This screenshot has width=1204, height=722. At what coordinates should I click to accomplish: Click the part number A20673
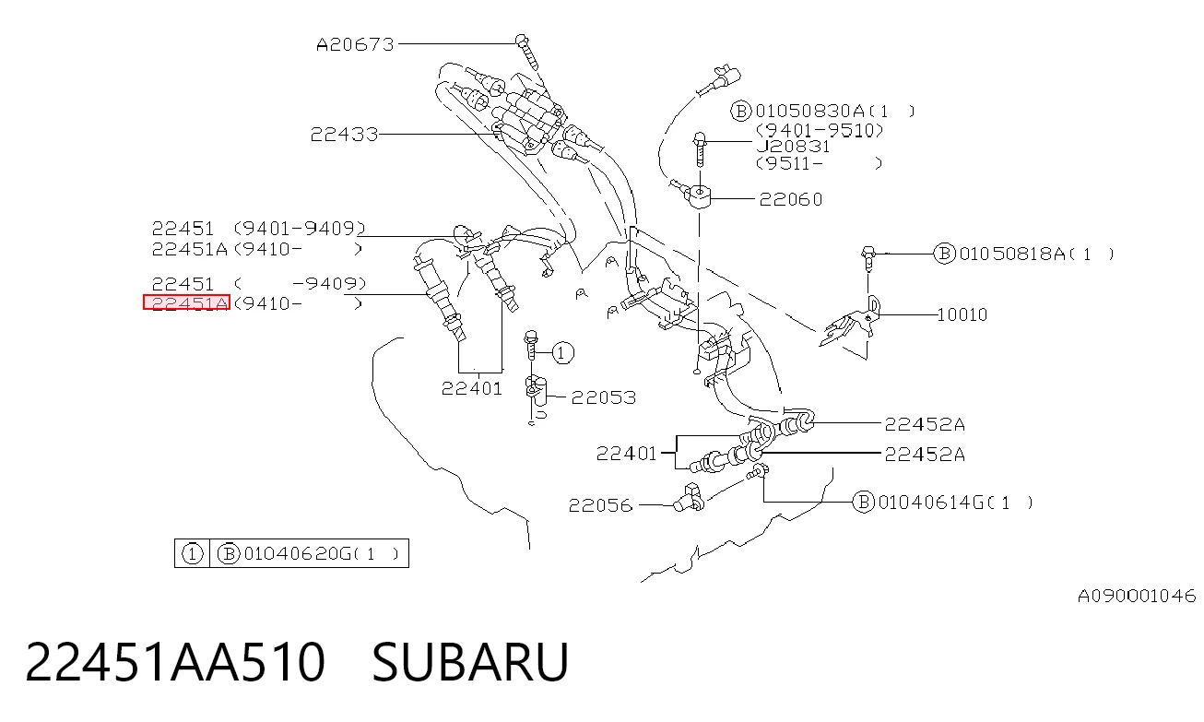(355, 44)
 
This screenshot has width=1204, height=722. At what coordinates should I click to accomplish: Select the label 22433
(345, 134)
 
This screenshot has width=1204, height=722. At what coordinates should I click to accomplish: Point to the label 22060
(791, 199)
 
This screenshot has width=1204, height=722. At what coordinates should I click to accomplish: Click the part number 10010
(962, 314)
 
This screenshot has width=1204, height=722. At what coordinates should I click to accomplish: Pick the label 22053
(604, 397)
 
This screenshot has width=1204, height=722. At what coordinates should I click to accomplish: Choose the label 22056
(600, 505)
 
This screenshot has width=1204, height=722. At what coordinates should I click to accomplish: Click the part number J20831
(793, 147)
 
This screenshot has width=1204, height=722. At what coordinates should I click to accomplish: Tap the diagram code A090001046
(1137, 596)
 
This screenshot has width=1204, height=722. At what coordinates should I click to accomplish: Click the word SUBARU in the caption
(470, 662)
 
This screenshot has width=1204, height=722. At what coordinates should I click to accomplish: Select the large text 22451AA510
(175, 662)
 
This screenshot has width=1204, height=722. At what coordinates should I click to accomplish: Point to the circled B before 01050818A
(944, 254)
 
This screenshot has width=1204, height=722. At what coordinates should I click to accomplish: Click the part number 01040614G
(931, 503)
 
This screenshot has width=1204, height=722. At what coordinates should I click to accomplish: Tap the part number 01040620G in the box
(297, 553)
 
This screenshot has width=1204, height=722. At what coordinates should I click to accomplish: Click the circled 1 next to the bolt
(562, 352)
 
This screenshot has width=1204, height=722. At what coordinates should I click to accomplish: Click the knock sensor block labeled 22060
(698, 196)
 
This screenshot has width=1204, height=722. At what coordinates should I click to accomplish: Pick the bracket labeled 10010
(850, 323)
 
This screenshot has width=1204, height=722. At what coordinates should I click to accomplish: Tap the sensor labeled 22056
(689, 498)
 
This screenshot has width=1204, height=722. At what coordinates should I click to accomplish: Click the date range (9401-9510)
(820, 130)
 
